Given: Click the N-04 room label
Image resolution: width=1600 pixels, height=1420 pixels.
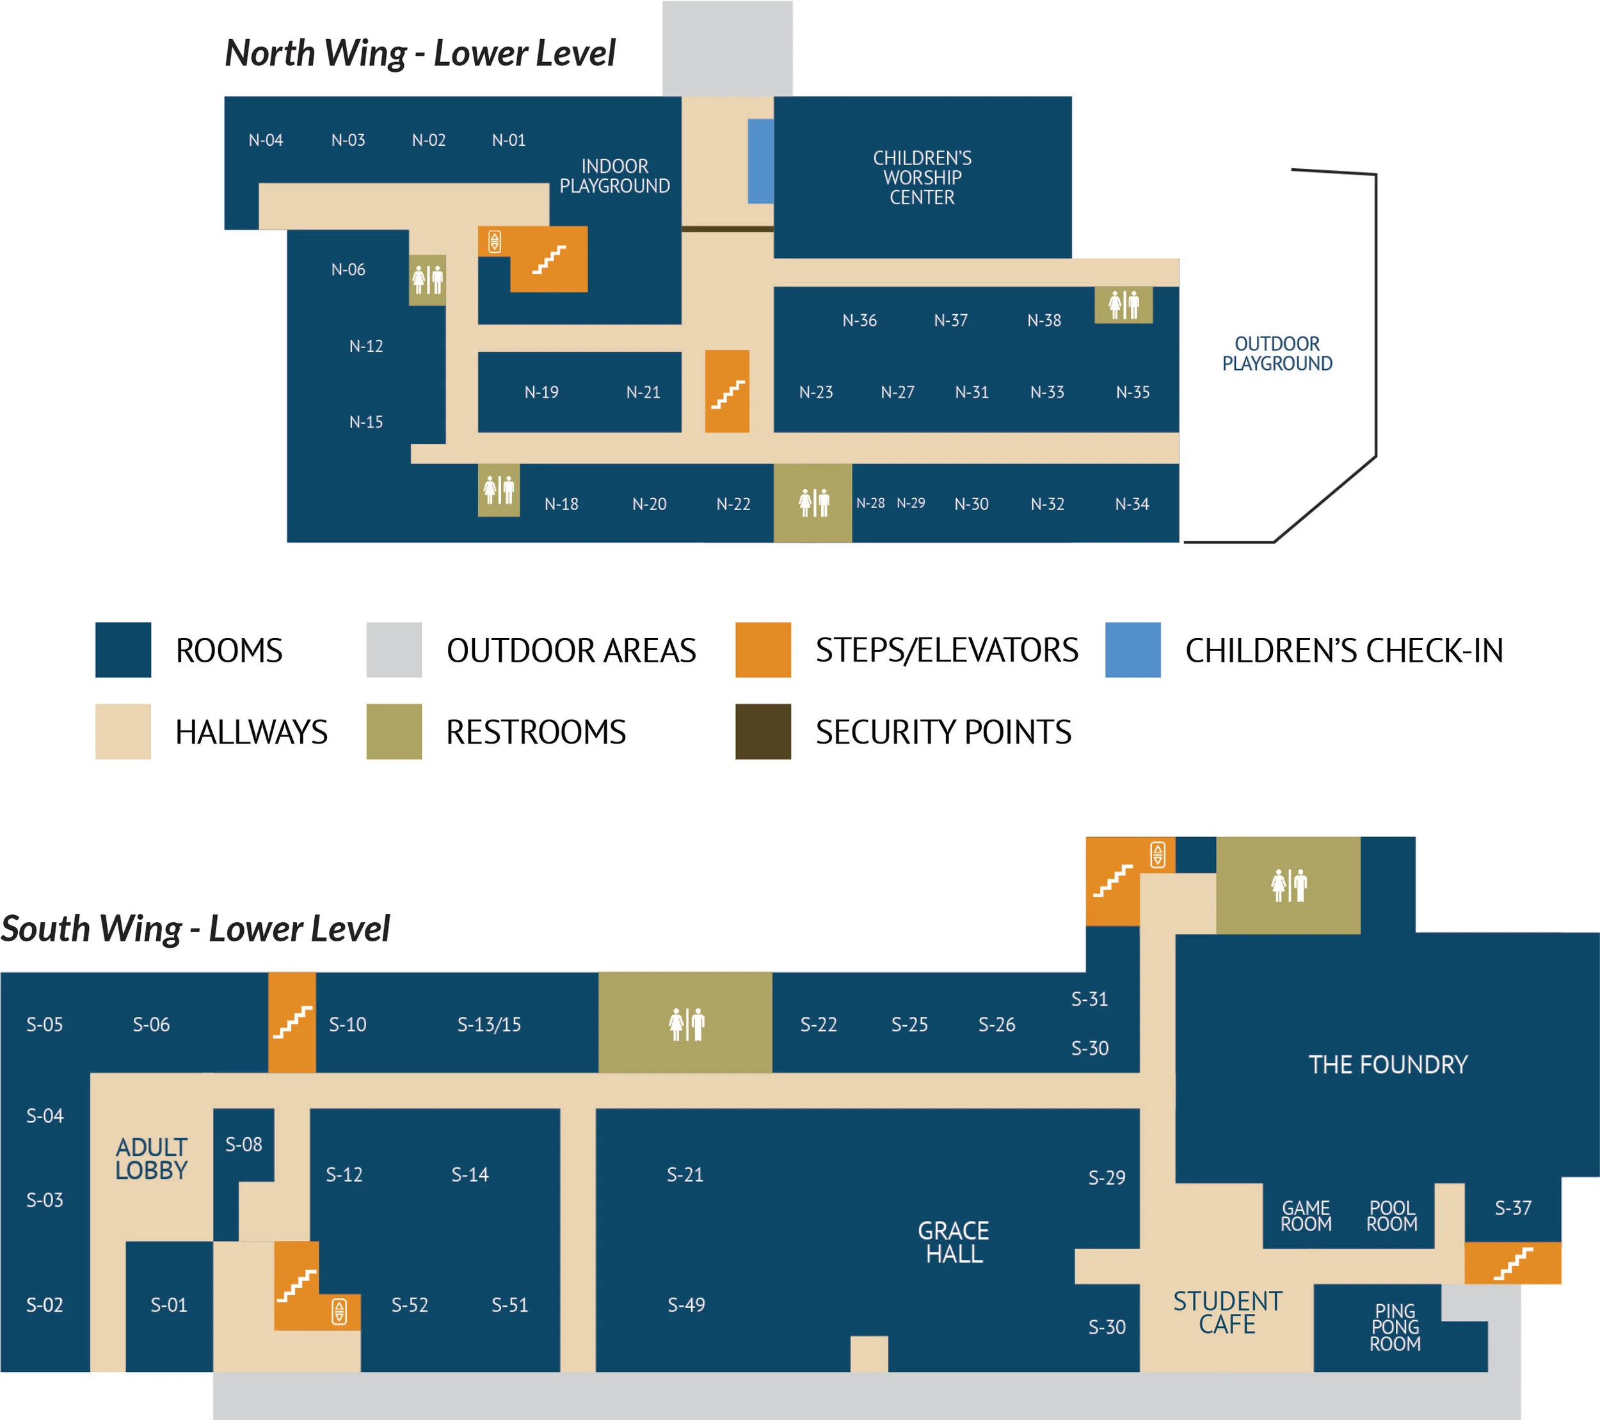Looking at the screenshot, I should pyautogui.click(x=266, y=140).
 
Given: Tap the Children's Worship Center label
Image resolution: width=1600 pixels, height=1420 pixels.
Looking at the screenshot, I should pyautogui.click(x=922, y=178).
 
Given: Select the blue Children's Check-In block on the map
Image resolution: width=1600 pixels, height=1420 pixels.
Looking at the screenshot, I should pyautogui.click(x=760, y=161).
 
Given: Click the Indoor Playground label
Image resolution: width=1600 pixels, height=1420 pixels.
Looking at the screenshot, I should pyautogui.click(x=614, y=176).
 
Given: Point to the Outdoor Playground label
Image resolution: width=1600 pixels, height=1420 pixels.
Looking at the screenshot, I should pyautogui.click(x=1277, y=354).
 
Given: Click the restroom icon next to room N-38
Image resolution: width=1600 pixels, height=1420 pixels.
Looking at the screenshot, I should pyautogui.click(x=1123, y=305).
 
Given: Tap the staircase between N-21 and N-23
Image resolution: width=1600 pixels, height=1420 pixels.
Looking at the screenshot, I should pyautogui.click(x=727, y=392).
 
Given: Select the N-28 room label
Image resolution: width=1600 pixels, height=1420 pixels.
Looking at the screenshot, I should pyautogui.click(x=870, y=504).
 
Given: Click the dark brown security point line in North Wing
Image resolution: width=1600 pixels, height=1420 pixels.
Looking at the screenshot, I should pyautogui.click(x=727, y=229).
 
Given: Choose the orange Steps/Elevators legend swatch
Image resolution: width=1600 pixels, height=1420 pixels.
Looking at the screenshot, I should pyautogui.click(x=762, y=650).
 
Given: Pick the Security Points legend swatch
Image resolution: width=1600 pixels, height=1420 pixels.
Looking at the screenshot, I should pyautogui.click(x=762, y=731).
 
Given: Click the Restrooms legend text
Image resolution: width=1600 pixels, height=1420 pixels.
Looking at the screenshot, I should pyautogui.click(x=536, y=732).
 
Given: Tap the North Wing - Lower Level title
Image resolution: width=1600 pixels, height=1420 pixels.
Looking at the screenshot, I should pyautogui.click(x=420, y=53).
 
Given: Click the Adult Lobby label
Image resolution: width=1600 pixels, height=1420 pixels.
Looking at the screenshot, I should pyautogui.click(x=151, y=1158).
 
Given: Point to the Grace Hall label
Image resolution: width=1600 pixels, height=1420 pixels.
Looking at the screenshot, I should pyautogui.click(x=954, y=1241).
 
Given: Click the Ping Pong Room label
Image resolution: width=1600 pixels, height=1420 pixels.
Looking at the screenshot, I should pyautogui.click(x=1395, y=1327).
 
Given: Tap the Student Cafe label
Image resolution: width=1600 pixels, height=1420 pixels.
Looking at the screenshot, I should pyautogui.click(x=1228, y=1312).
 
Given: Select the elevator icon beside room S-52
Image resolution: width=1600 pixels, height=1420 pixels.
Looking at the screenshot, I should pyautogui.click(x=339, y=1311).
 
